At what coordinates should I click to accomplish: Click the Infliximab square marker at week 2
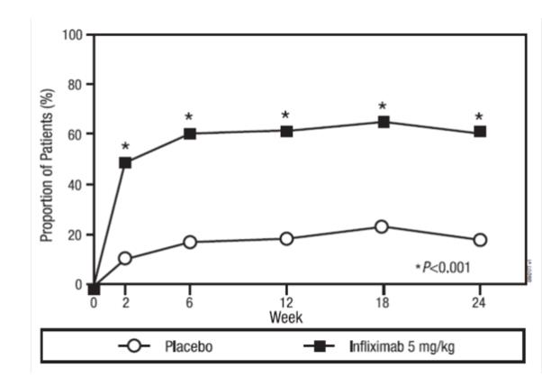pos(125,163)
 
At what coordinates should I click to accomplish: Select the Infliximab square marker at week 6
pos(190,133)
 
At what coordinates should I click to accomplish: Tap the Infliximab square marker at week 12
pos(286,131)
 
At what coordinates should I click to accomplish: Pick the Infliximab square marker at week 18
pos(383,122)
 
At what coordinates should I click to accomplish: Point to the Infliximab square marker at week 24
pos(480,132)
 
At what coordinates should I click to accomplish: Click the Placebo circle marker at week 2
pos(125,259)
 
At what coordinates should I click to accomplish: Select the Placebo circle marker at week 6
pos(190,242)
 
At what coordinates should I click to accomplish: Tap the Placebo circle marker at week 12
pos(286,239)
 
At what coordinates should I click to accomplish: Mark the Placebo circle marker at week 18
pos(383,226)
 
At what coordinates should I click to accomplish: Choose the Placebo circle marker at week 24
pos(480,240)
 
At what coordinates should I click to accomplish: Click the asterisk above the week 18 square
pos(383,106)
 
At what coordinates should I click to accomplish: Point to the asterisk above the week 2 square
pos(125,147)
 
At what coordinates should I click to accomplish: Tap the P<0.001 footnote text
pos(443,268)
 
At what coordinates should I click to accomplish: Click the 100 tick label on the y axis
pos(73,35)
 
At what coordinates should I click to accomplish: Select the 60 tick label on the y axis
pos(77,134)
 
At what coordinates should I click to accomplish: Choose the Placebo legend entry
pos(171,345)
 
